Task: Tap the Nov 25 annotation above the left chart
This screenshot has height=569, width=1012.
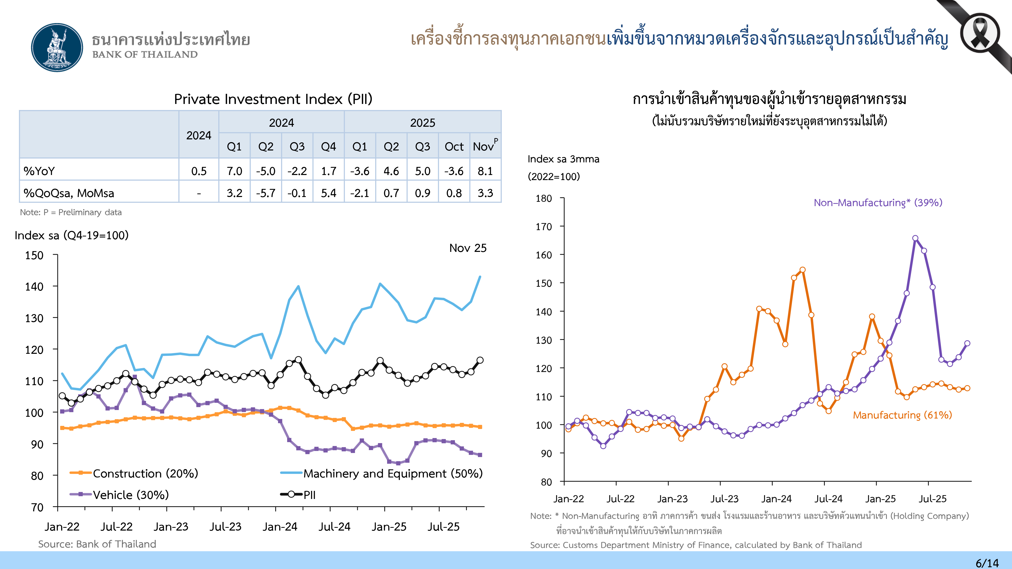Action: click(468, 248)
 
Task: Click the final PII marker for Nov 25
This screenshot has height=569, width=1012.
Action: click(480, 360)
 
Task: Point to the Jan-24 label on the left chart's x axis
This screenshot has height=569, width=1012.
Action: click(280, 527)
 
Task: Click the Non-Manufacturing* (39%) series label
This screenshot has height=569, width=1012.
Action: click(878, 203)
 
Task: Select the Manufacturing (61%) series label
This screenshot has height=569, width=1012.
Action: click(902, 415)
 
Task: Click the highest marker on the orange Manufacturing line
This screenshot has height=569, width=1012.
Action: click(802, 270)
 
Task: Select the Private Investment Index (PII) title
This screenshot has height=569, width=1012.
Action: click(273, 99)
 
